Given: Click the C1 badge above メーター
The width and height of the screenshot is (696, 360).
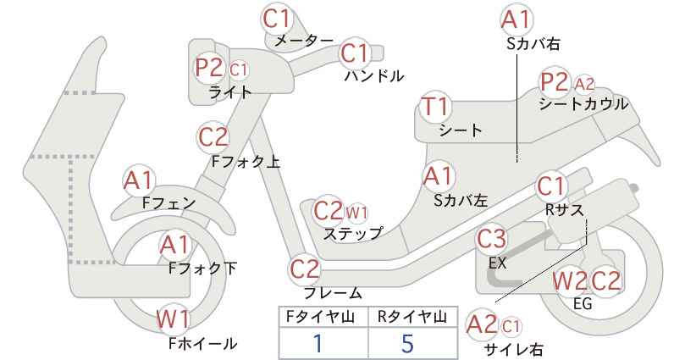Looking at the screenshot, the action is [277, 19].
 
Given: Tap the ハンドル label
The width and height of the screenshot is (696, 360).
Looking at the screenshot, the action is [374, 76].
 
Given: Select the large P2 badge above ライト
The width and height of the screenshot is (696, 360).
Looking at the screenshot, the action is [209, 68].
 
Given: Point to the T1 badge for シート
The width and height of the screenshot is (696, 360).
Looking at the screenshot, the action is [435, 107].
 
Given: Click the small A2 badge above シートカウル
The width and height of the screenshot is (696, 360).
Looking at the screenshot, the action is [584, 84].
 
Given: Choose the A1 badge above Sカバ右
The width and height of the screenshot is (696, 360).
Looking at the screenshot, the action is [516, 20].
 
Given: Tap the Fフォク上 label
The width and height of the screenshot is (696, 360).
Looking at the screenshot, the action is [246, 161].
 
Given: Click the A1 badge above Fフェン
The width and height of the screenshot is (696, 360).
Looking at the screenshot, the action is [139, 181].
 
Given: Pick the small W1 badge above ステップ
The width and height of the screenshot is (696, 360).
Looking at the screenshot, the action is [356, 213].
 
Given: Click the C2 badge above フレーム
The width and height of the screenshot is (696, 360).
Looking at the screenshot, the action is [305, 269].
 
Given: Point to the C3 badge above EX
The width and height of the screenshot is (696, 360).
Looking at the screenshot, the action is [491, 238].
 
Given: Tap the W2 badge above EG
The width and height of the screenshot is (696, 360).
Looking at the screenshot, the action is [570, 281].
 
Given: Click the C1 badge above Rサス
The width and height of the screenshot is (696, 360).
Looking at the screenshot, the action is [551, 187].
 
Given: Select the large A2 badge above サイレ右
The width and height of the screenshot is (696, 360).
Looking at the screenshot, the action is [482, 325].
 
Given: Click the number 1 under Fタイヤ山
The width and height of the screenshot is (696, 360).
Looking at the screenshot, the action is [318, 343].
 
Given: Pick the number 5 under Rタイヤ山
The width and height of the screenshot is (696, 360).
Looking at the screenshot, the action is [407, 343].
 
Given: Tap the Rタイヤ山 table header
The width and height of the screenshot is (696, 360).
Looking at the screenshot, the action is [412, 317].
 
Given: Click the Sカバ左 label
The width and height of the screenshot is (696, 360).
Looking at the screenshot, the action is [461, 201].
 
